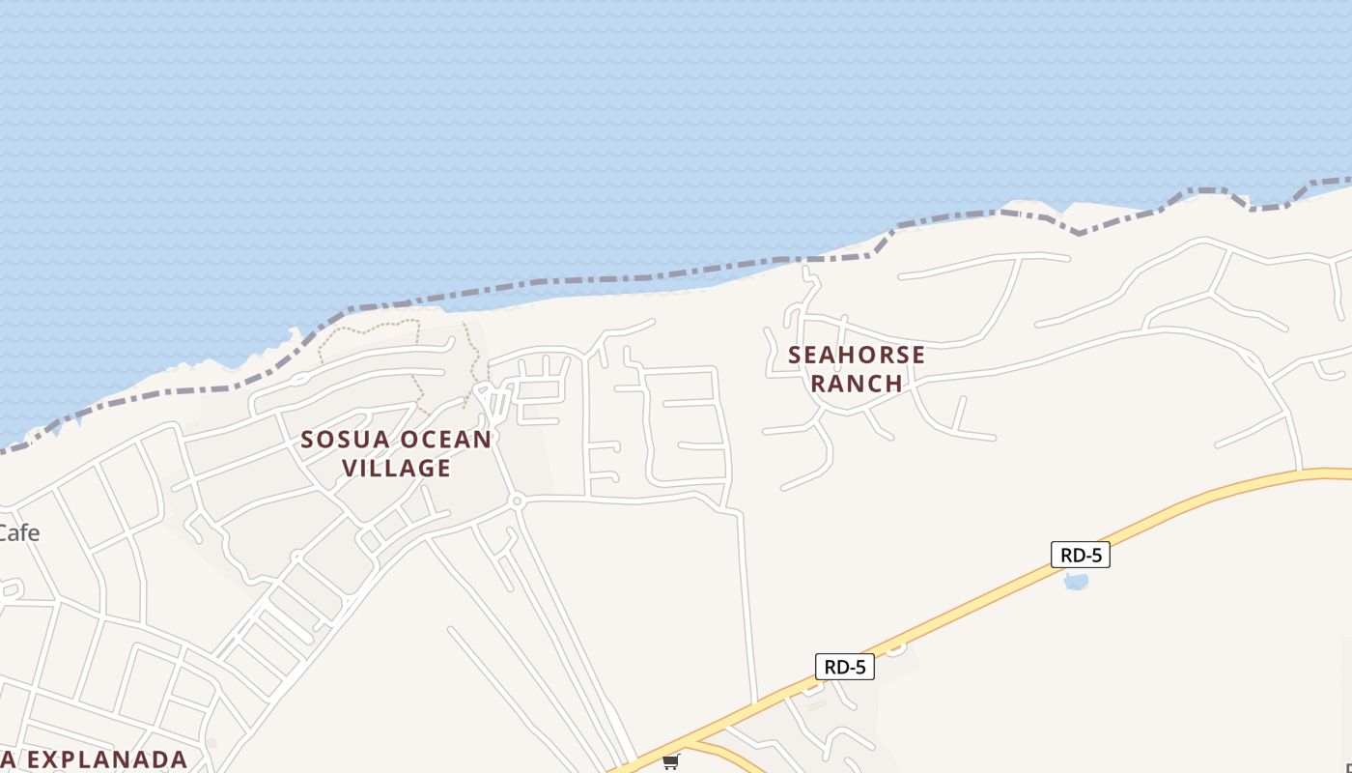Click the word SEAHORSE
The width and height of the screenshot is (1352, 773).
[x=857, y=355]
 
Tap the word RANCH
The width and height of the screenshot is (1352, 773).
[x=857, y=383]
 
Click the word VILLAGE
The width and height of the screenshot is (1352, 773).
[x=397, y=468]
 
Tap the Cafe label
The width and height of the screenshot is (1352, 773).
[x=18, y=532]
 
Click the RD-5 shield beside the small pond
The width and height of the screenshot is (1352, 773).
[x=1081, y=555]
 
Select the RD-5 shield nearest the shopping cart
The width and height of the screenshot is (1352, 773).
[x=845, y=667]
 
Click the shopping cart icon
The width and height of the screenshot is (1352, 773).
[x=671, y=761]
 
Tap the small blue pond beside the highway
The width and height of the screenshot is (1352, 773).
[x=1075, y=582]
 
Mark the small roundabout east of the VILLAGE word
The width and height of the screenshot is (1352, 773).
[x=518, y=501]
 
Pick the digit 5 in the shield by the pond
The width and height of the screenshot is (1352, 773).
[x=1096, y=555]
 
